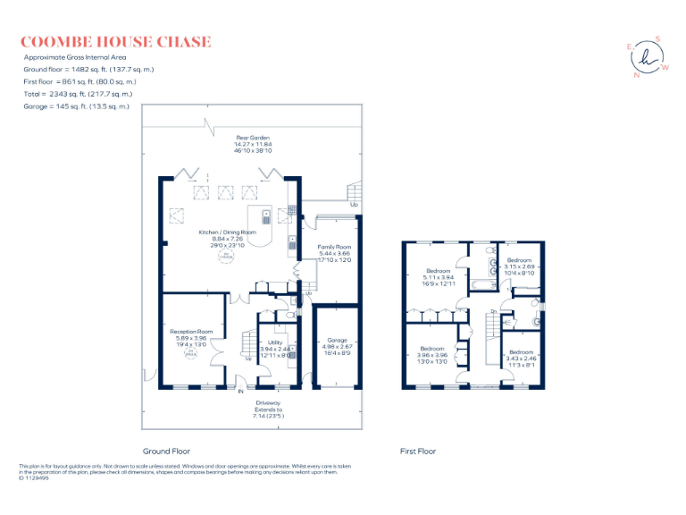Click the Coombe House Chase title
point(115,42)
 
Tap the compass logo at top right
point(648,57)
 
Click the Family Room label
point(335,252)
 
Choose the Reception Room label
point(191,337)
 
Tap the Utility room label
point(275,348)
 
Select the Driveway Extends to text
point(267,409)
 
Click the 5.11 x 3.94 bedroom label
point(438,276)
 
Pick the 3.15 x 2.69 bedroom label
point(519,266)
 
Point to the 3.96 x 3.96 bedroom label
point(432,354)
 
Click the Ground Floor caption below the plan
point(166,452)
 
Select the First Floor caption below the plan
point(417,452)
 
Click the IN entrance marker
point(240,392)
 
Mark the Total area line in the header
point(77,94)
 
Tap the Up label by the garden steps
point(355,204)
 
